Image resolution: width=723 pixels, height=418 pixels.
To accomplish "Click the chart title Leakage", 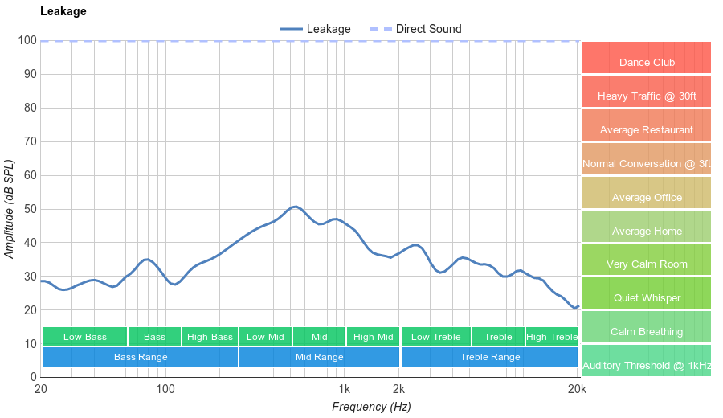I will [x=63, y=11].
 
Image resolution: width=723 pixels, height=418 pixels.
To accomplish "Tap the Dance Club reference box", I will [x=647, y=62].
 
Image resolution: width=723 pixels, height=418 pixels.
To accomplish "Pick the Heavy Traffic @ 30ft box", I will [x=647, y=96].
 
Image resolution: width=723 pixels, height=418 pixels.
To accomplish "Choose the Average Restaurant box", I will [x=647, y=130].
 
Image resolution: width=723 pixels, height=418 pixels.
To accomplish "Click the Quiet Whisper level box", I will [x=647, y=298].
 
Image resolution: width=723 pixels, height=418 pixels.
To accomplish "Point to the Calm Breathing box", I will [x=647, y=332].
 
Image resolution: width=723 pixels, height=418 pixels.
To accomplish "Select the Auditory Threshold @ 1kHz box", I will [x=647, y=366].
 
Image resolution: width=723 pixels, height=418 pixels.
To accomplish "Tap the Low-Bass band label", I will [x=84, y=337].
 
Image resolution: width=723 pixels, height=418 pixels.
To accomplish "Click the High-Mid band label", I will [x=374, y=337].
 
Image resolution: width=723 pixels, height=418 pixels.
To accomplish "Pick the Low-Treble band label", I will [x=435, y=337].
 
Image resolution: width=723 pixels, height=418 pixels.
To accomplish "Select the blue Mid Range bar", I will [x=319, y=357].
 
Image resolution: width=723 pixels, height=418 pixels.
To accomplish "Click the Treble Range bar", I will [x=490, y=357].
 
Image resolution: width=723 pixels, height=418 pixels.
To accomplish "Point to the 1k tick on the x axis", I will [x=344, y=390].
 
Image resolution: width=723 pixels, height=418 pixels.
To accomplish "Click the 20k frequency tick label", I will [x=576, y=390].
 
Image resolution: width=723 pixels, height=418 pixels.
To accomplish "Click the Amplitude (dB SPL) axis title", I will [x=10, y=209].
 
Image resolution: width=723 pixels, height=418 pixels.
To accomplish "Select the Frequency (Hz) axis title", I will [x=371, y=407].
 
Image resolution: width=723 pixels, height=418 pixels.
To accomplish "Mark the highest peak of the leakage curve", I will [x=296, y=207].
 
